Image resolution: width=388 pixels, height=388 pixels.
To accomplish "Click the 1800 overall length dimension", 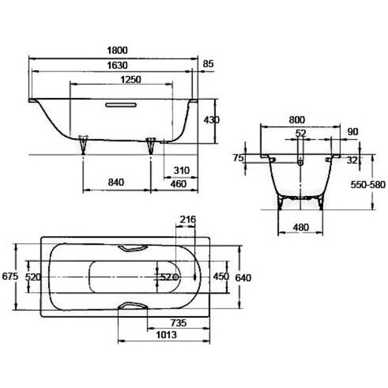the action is pyautogui.click(x=117, y=50).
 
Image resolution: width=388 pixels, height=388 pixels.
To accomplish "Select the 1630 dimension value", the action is pyautogui.click(x=117, y=66).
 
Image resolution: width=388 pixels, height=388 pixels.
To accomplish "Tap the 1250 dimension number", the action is pyautogui.click(x=130, y=79).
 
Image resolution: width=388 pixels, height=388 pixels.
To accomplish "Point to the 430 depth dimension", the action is pyautogui.click(x=211, y=120).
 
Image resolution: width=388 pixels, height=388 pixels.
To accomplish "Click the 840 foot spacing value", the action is pyautogui.click(x=116, y=183).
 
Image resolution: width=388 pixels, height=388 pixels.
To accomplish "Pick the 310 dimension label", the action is pyautogui.click(x=181, y=171).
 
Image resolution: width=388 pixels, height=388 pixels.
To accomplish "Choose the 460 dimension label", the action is pyautogui.click(x=178, y=184).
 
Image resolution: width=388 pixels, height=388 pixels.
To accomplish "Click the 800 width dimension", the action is pyautogui.click(x=297, y=120).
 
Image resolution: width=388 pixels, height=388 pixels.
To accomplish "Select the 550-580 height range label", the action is pyautogui.click(x=368, y=184).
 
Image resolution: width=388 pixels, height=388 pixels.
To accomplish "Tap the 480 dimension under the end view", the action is pyautogui.click(x=300, y=227).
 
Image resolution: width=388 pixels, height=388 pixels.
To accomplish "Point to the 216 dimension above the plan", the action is pyautogui.click(x=188, y=220).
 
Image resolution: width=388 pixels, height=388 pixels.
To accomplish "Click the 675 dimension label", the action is pyautogui.click(x=10, y=276).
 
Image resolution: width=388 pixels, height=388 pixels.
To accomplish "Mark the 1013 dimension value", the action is pyautogui.click(x=166, y=335).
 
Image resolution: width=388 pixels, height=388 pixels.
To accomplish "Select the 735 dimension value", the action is pyautogui.click(x=178, y=323).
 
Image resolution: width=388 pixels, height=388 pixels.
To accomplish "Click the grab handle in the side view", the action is pyautogui.click(x=121, y=105).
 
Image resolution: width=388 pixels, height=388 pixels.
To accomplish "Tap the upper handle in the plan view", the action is pyautogui.click(x=133, y=249).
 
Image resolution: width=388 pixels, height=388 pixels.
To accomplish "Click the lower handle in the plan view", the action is pyautogui.click(x=133, y=305).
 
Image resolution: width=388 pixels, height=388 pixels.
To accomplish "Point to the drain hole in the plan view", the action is pyautogui.click(x=176, y=277).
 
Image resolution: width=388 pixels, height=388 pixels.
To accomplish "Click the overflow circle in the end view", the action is pyautogui.click(x=300, y=162).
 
